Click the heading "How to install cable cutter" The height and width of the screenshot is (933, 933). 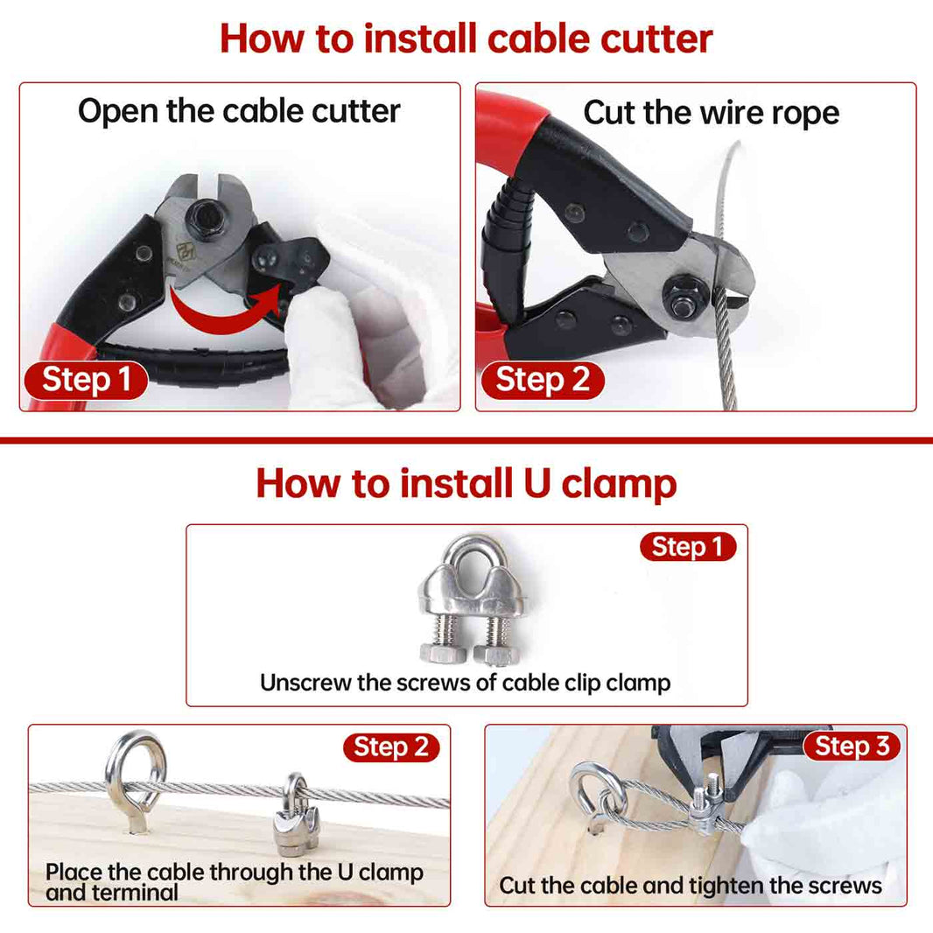coord(466,39)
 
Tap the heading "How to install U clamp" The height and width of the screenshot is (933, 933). coord(466,483)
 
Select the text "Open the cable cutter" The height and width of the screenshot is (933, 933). coord(239,111)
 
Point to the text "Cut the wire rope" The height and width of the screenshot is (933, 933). coord(711,113)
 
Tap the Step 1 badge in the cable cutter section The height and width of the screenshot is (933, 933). coord(86,380)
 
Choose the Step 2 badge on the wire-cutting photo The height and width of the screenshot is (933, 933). coord(540,380)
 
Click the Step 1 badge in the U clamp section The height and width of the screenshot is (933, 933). coord(687,547)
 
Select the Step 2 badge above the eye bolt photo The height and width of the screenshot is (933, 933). coord(390,747)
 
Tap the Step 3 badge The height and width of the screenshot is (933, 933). coord(852,746)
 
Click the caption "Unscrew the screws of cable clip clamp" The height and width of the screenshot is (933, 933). coord(466,683)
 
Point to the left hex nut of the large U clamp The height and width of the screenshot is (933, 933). coord(435,654)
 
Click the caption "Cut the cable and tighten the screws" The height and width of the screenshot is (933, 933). coord(690,886)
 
